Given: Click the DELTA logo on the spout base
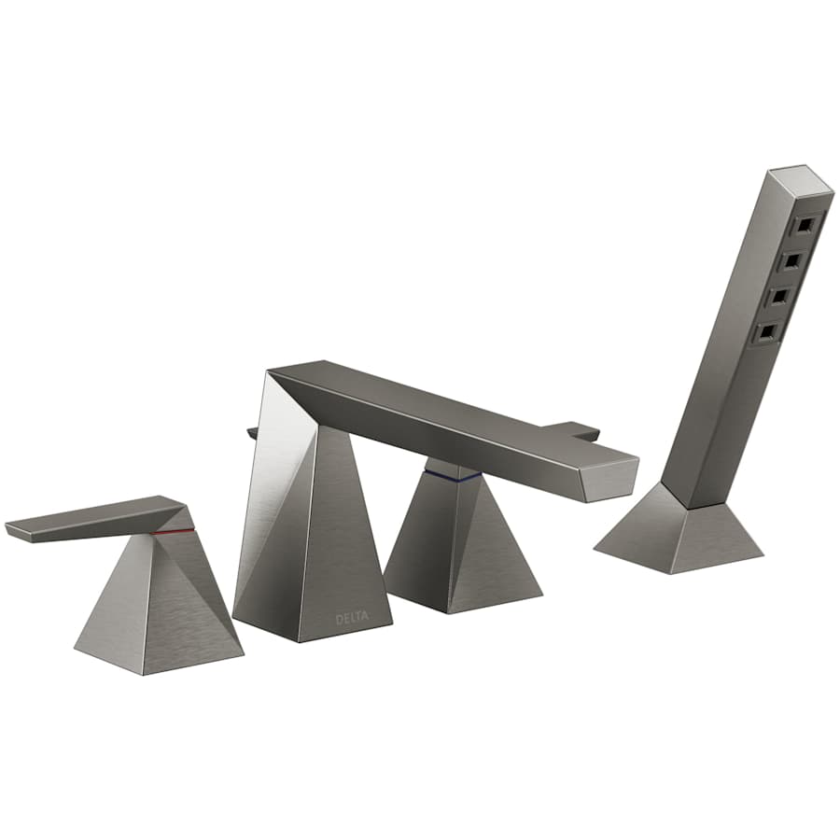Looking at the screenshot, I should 352,617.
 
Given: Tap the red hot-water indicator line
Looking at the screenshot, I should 175,531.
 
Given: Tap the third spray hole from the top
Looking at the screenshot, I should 780,295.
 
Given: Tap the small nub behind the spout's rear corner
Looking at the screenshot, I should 251,432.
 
